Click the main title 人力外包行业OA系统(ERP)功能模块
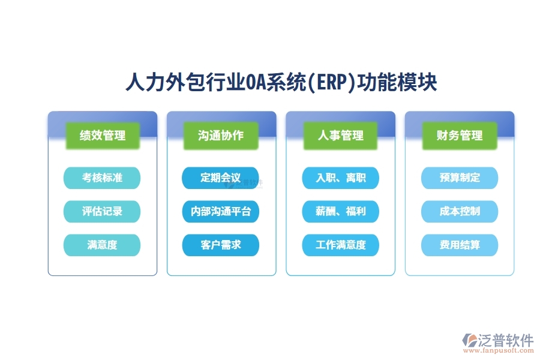[281, 83]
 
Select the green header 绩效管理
[102, 136]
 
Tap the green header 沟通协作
[221, 136]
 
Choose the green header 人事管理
[340, 136]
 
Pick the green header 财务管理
[460, 136]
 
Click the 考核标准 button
[102, 178]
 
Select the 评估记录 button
[102, 211]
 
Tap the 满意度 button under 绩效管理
[102, 245]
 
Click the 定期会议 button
[221, 178]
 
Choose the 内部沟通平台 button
[221, 211]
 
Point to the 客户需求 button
[221, 245]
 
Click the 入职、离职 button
[340, 178]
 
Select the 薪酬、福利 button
[340, 211]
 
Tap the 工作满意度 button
[340, 245]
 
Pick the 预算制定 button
[460, 178]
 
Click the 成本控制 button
[460, 211]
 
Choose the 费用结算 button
[460, 245]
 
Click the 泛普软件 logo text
[506, 340]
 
